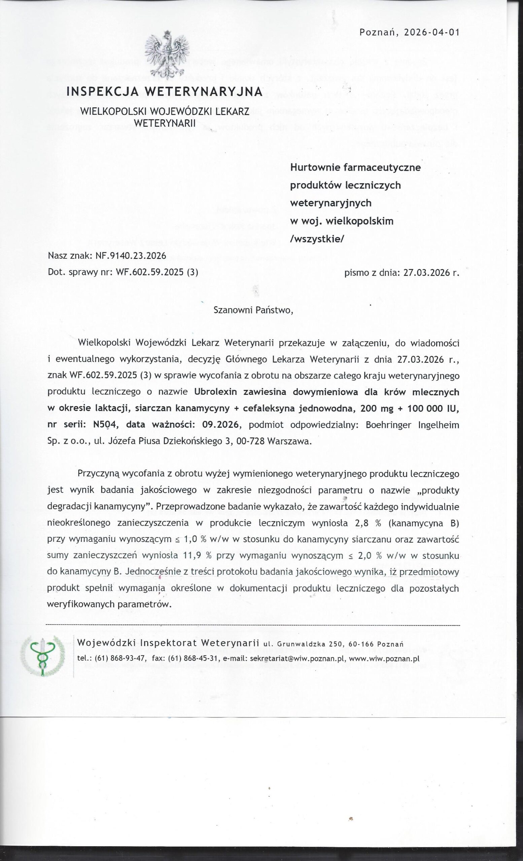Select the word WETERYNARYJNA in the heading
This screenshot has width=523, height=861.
coord(204,91)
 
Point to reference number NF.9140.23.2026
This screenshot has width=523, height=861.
coord(128,256)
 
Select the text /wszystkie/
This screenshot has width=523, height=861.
coord(317,239)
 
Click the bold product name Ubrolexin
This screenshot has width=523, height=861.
coord(216,392)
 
